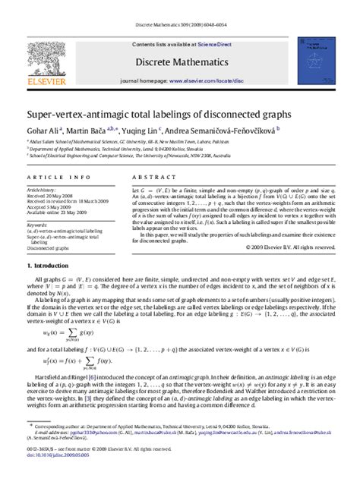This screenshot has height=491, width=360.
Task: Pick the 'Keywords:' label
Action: (38, 225)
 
